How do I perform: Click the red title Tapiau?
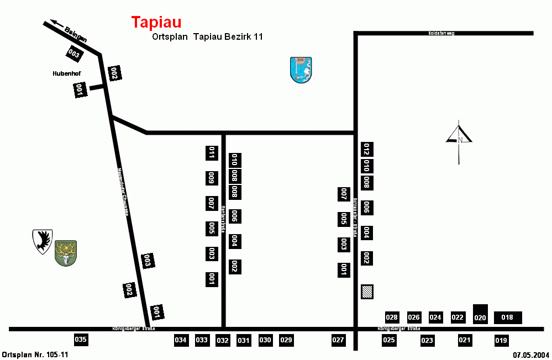point(156,22)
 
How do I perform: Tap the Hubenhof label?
point(67,73)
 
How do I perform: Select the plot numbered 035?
point(81,340)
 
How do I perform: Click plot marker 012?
point(366,149)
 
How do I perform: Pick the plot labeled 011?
point(211,153)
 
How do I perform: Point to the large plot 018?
point(507,317)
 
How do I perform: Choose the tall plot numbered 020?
point(480,314)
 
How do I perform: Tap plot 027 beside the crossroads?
point(338,340)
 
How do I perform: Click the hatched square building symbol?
point(367,292)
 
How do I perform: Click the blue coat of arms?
point(301,70)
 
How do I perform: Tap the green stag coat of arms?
point(66,253)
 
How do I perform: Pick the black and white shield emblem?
point(43,241)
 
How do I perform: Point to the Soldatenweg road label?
point(441,33)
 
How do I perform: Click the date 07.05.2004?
point(530,354)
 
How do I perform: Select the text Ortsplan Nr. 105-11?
point(35,354)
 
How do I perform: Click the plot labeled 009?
point(211,178)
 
